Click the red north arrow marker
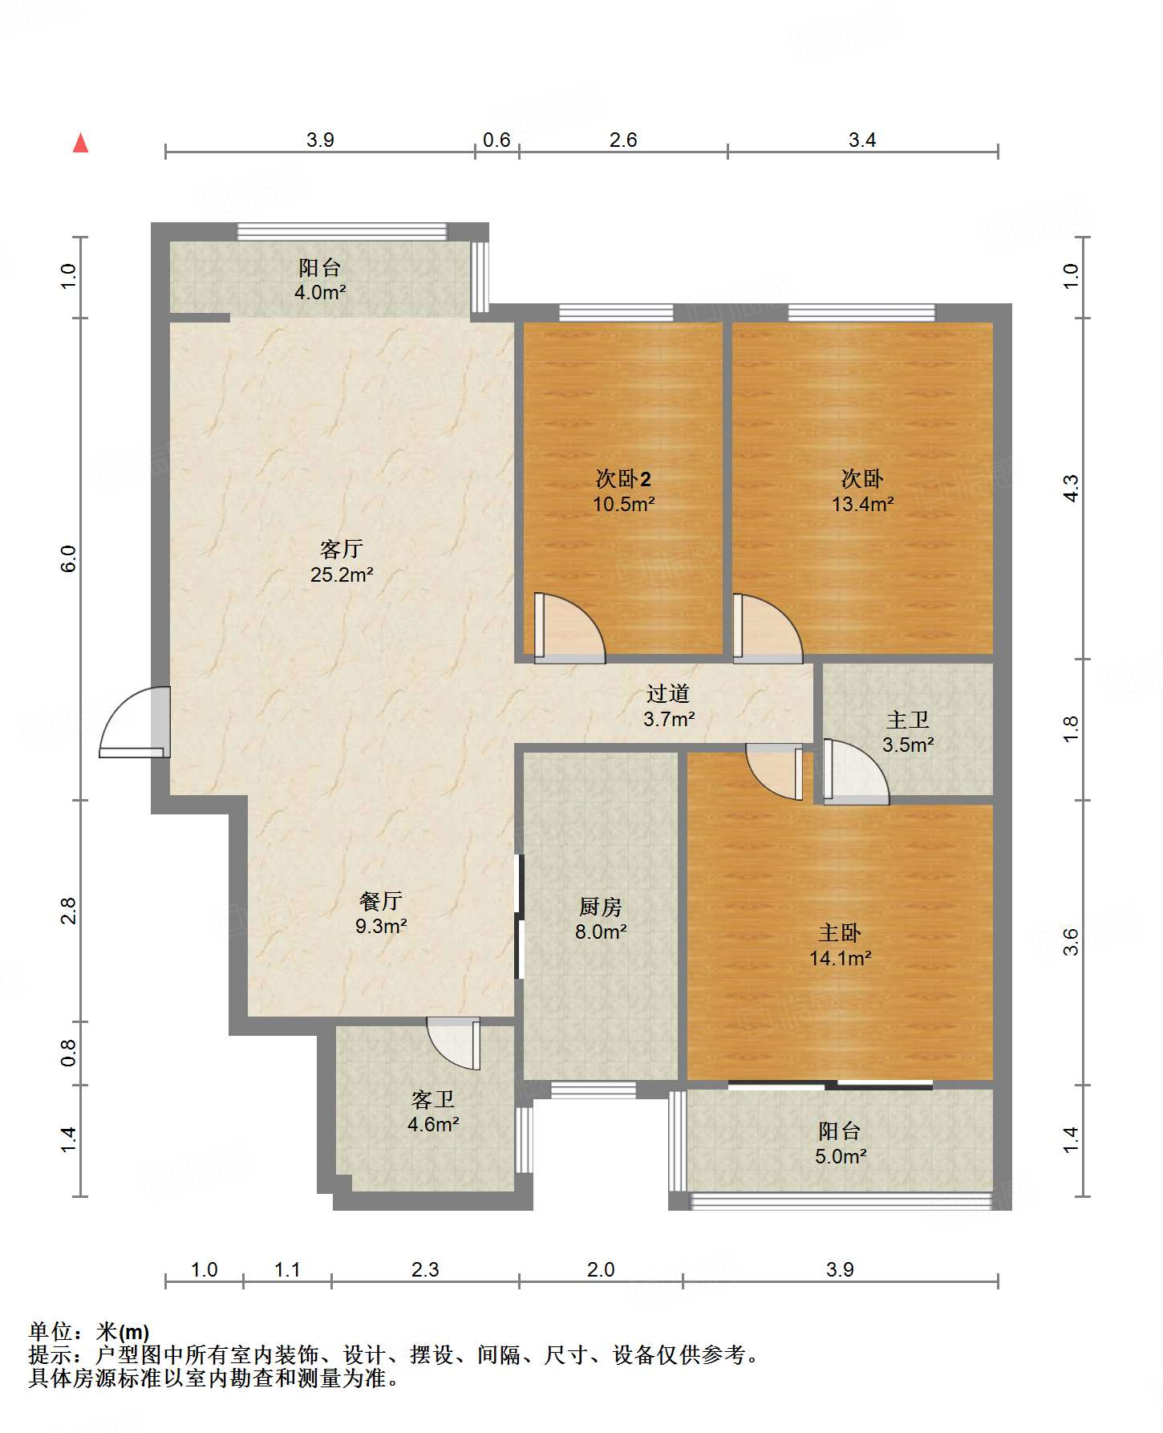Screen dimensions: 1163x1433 click(80, 143)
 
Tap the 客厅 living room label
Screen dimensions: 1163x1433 click(342, 549)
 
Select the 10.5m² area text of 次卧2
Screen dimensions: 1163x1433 click(623, 504)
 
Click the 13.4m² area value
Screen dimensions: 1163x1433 click(862, 504)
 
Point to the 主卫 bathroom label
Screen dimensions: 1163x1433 click(908, 720)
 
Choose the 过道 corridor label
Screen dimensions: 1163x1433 click(668, 693)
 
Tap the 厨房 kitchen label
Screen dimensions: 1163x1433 click(600, 907)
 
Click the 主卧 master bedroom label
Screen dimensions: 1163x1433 click(840, 932)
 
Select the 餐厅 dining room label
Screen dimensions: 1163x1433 click(381, 900)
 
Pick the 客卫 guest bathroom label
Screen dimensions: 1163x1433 click(433, 1098)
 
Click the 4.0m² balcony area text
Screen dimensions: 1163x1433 click(320, 292)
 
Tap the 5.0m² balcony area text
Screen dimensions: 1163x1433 click(841, 1156)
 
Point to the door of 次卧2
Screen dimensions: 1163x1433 click(570, 628)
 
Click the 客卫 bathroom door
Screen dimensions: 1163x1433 click(454, 1043)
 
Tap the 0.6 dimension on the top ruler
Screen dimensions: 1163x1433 click(496, 140)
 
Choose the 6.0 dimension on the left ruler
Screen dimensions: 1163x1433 click(69, 558)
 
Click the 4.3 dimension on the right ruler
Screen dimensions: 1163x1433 click(1072, 489)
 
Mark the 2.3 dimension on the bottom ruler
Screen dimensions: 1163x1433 click(425, 1269)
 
